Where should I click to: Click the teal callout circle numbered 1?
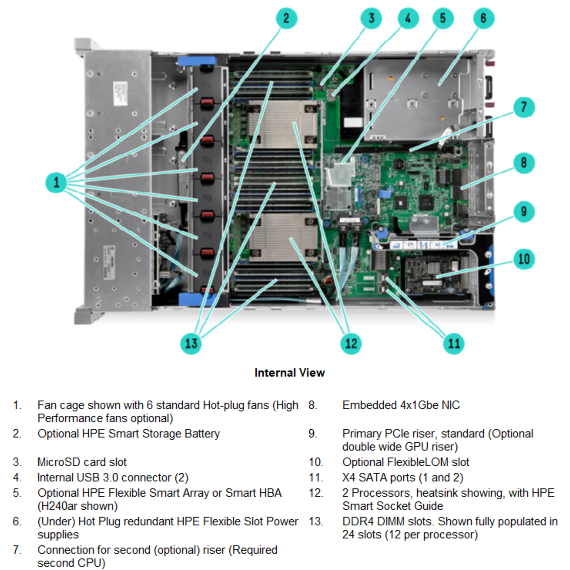pyautogui.click(x=56, y=182)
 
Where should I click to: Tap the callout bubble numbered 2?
pyautogui.click(x=286, y=18)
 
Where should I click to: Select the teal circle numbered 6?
pyautogui.click(x=484, y=18)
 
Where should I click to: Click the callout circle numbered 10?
pyautogui.click(x=524, y=259)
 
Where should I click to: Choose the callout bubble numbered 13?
pyautogui.click(x=191, y=343)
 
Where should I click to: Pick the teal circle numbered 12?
pyautogui.click(x=351, y=343)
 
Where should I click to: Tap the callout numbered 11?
pyautogui.click(x=454, y=343)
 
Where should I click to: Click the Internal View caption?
pyautogui.click(x=289, y=373)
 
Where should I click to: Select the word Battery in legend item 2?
pyautogui.click(x=202, y=434)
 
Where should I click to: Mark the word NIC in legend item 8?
pyautogui.click(x=450, y=405)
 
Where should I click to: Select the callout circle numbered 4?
pyautogui.click(x=408, y=18)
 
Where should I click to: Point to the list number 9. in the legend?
pyautogui.click(x=313, y=434)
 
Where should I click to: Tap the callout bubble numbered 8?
pyautogui.click(x=524, y=163)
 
